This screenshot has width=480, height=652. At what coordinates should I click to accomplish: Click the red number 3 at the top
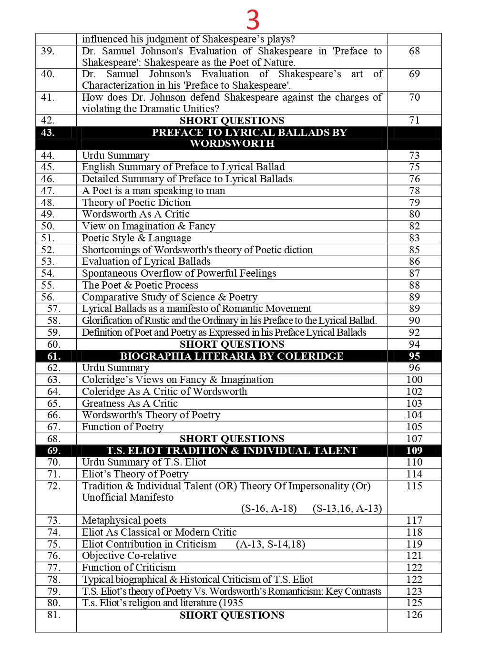click(253, 20)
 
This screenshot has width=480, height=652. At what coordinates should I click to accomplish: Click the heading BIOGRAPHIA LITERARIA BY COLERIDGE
click(232, 356)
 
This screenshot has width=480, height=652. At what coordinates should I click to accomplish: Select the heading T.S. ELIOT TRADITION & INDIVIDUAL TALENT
click(232, 451)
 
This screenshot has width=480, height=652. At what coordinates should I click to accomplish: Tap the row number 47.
click(48, 191)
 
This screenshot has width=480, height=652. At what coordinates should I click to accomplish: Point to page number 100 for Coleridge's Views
click(414, 380)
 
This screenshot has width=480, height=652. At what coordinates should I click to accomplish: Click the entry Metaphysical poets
click(124, 520)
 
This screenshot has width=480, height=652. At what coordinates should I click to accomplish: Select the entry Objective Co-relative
click(129, 556)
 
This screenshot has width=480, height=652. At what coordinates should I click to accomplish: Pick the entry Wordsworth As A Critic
click(136, 214)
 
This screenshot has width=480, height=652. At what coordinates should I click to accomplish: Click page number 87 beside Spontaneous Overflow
click(414, 273)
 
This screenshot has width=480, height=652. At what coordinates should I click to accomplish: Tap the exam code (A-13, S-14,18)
click(270, 544)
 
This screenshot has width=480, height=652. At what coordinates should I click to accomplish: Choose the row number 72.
click(54, 486)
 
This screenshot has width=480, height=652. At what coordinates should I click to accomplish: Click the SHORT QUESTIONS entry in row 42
click(232, 121)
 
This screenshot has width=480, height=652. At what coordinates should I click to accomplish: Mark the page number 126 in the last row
click(414, 615)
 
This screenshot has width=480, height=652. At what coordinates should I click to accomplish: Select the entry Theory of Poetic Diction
click(136, 203)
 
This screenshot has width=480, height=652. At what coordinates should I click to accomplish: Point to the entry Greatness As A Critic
click(130, 404)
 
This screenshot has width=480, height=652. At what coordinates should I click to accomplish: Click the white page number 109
click(414, 451)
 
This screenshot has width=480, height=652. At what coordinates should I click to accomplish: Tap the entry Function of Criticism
click(129, 568)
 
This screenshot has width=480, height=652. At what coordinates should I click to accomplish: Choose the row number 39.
click(48, 51)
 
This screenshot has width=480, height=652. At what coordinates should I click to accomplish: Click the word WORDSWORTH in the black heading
click(232, 144)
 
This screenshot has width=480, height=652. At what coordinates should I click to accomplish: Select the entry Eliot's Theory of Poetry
click(135, 474)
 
